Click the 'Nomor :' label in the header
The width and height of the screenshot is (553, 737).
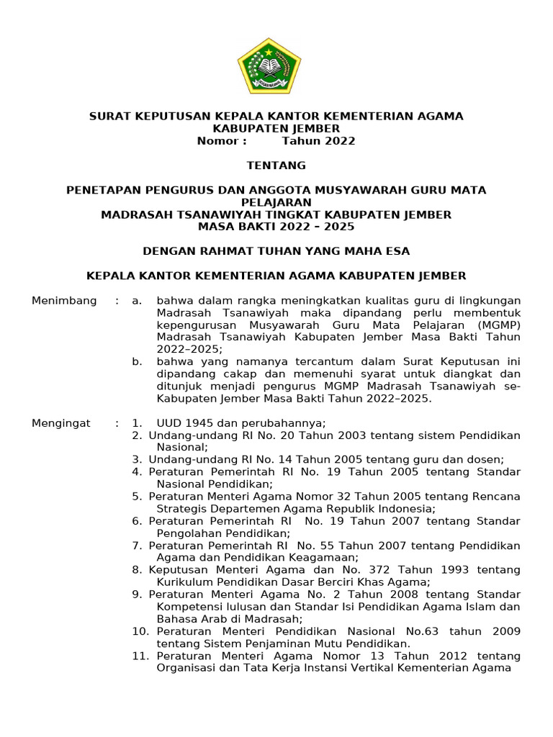pos(222,141)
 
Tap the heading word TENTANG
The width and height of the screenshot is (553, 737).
pos(276,166)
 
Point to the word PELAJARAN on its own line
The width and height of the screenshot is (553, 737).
pos(276,202)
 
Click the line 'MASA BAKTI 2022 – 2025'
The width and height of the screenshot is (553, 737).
pos(276,227)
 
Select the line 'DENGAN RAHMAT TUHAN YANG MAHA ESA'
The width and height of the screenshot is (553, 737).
pos(276,251)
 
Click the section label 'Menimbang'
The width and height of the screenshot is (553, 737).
pos(64,301)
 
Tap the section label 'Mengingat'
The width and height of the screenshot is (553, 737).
pos(61,423)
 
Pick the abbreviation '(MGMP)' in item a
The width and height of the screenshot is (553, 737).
pos(497,325)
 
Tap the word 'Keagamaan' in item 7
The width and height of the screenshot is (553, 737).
pos(321,558)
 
